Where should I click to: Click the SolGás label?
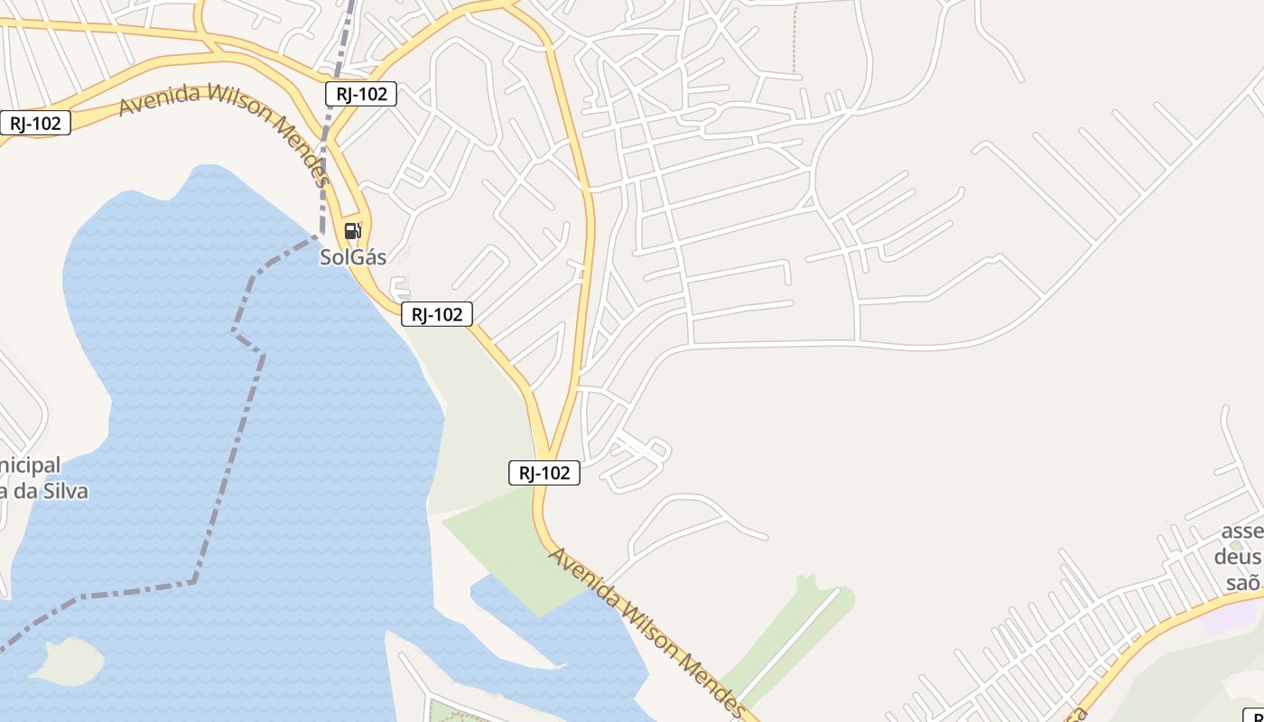(x=353, y=257)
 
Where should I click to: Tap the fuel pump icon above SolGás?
(x=352, y=231)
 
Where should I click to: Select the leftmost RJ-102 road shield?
(x=35, y=123)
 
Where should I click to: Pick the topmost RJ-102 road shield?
(x=361, y=94)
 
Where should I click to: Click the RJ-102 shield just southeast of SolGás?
(x=437, y=314)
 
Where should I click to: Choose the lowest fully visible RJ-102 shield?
(x=544, y=473)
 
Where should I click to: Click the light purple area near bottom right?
(x=1230, y=620)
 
